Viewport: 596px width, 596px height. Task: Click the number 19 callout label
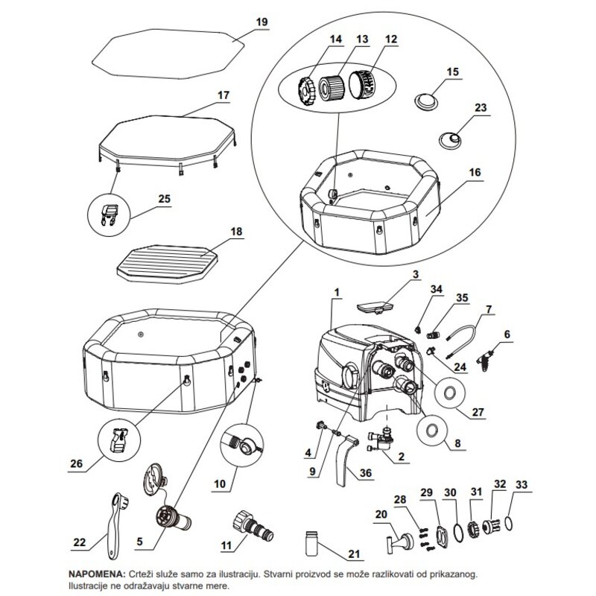[x=261, y=22]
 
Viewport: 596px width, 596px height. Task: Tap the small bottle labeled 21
[x=311, y=544]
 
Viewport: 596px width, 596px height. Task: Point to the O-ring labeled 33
[x=510, y=523]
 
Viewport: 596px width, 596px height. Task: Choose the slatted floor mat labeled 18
[x=167, y=262]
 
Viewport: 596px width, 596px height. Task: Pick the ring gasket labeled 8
[x=432, y=430]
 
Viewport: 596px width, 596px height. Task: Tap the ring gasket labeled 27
[x=450, y=393]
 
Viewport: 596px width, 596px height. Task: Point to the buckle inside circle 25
[x=108, y=215]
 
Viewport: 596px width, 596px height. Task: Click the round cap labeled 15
[x=426, y=101]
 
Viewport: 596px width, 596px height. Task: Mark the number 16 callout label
[x=475, y=172]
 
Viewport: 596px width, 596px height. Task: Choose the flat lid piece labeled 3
[x=375, y=307]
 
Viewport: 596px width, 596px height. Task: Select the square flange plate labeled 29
[x=442, y=536]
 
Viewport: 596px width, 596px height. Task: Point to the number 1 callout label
[x=337, y=292]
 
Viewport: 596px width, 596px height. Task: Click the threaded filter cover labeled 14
[x=306, y=92]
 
